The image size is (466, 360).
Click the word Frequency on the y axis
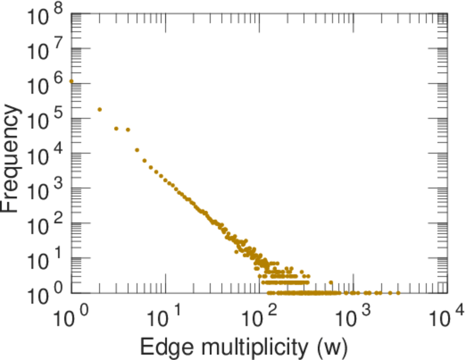point(13,157)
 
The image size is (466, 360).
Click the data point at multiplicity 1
point(71,81)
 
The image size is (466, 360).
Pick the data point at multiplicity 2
point(100,109)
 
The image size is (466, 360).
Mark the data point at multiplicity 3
point(116,128)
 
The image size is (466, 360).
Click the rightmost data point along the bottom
point(398,293)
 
